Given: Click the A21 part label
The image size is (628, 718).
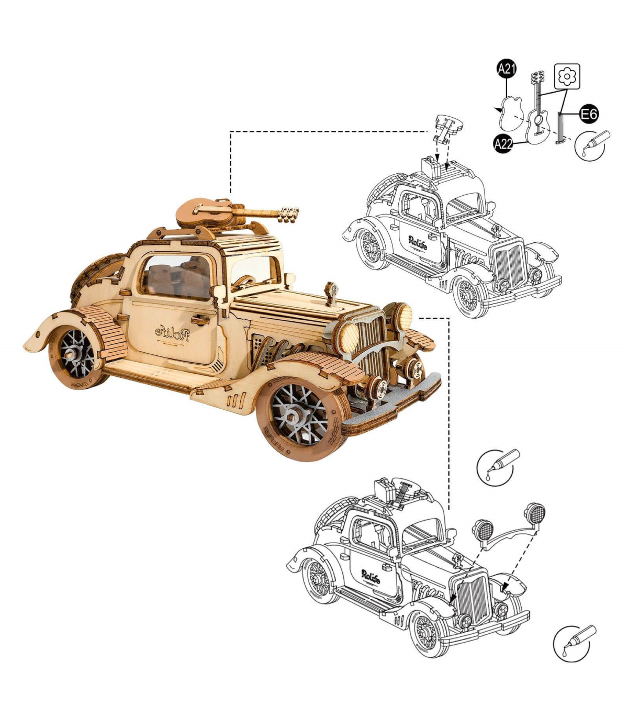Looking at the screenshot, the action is [506, 69].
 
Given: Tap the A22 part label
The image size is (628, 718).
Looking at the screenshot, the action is [503, 144].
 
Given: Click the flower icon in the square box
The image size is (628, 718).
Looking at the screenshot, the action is [567, 76].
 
